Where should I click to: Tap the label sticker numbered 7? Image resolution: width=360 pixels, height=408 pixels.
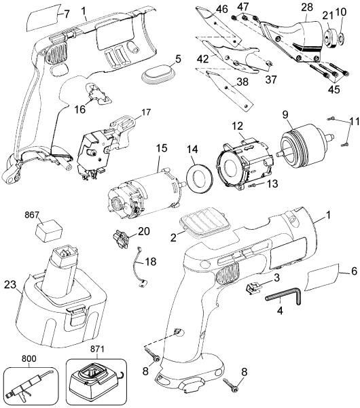[x=43, y=18]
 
